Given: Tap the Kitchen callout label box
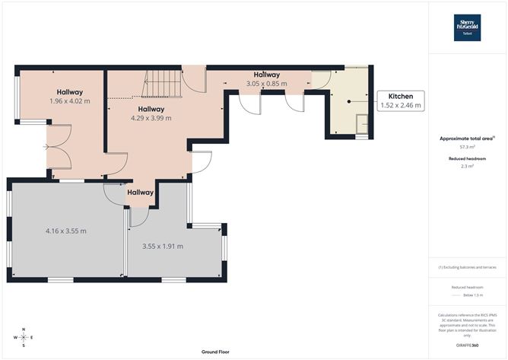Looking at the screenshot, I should point(400,100).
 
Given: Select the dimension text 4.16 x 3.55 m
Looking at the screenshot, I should point(65,231).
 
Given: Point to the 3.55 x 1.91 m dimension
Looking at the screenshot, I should point(163,247).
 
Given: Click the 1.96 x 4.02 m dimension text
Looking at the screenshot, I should point(69,100).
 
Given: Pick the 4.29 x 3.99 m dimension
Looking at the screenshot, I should point(151,118).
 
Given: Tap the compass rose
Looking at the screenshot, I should point(24,337).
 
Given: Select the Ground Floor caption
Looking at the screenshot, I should point(216,352).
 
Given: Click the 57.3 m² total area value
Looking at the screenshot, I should point(467,146).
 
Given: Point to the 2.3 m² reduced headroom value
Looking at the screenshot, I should point(467,166).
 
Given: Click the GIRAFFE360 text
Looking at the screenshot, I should point(467,346).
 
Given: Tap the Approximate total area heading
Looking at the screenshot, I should point(466,138).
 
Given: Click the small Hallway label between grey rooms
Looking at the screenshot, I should point(140,193).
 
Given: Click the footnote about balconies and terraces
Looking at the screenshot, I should point(467,267).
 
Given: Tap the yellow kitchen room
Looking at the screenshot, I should point(348,103).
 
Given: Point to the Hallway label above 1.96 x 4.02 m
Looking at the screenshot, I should point(69,91).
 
